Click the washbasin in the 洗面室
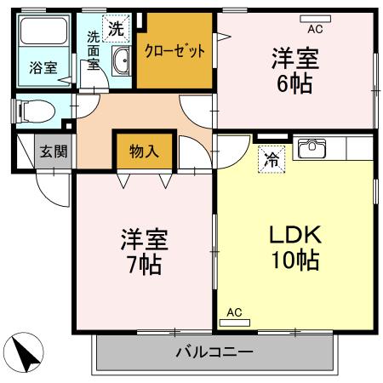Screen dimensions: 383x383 click(121, 60)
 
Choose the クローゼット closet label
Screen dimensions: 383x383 click(174, 51)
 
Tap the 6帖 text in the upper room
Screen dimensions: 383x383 click(294, 83)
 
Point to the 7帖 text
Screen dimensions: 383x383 click(143, 262)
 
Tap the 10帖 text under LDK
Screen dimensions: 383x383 click(295, 260)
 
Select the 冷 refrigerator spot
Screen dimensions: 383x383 click(272, 159)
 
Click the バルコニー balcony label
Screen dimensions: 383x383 click(214, 352)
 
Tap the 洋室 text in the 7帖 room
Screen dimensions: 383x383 click(143, 238)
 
